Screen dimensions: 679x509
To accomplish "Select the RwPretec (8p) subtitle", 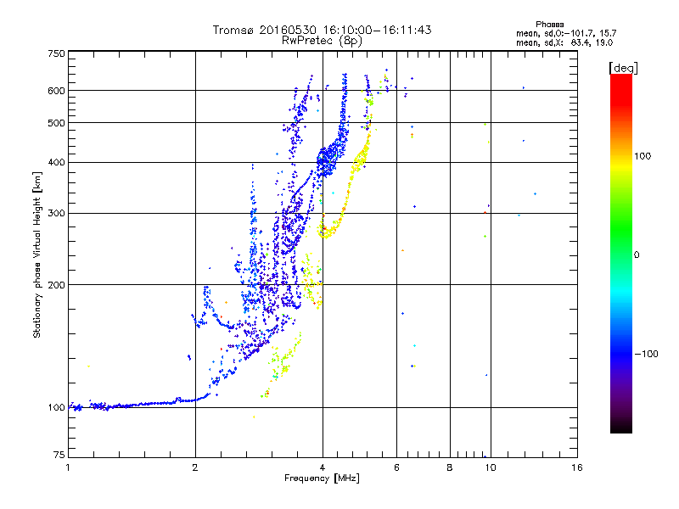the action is [322, 41].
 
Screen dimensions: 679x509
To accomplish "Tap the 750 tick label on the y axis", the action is [56, 53].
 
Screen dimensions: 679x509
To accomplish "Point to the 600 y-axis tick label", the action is [56, 91].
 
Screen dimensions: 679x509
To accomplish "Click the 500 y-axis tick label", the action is [56, 123].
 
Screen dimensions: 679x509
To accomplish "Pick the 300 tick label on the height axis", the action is [56, 214].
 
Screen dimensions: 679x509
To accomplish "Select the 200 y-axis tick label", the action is [56, 285].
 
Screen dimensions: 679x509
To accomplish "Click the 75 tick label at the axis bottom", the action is [59, 455].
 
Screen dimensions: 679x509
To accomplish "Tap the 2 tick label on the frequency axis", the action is [195, 467].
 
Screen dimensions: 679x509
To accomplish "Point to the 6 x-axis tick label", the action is [396, 467].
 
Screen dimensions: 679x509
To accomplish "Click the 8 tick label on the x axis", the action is [450, 467].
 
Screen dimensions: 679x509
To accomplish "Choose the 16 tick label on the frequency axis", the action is [577, 467].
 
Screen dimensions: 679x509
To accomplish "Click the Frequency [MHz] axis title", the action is [322, 478].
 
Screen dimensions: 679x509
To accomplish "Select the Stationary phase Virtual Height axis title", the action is [36, 255].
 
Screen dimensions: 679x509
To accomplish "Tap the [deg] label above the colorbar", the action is [623, 68].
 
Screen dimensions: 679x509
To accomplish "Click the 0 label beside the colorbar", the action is [636, 255].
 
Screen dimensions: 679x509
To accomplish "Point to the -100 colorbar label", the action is [646, 354].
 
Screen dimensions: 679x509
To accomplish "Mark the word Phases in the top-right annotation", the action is [549, 25].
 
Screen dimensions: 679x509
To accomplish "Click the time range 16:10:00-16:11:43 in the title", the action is [377, 30].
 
